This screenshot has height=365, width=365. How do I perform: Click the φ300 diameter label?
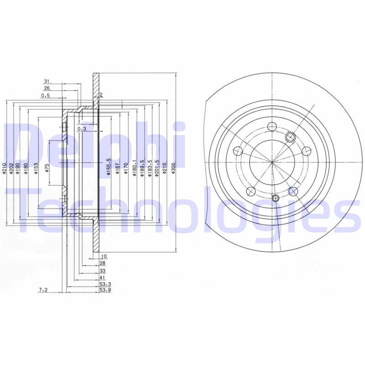tap(173, 169)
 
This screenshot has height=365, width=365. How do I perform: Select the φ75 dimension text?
tap(47, 169)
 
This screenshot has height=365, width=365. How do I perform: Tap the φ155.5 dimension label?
tap(109, 167)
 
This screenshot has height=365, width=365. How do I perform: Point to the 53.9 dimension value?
tap(105, 290)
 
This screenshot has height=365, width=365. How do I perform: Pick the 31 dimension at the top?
tap(47, 81)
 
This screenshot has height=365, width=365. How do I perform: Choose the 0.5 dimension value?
tap(45, 96)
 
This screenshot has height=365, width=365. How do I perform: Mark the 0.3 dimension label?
tap(82, 129)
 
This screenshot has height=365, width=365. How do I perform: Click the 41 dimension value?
tap(103, 277)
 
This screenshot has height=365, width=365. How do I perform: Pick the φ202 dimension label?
tap(10, 169)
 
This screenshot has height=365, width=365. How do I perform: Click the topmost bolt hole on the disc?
tap(271, 127)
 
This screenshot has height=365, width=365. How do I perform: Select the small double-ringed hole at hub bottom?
tap(275, 198)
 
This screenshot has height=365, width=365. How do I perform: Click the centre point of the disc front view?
tap(271, 162)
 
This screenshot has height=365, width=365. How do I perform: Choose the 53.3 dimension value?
tap(105, 284)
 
